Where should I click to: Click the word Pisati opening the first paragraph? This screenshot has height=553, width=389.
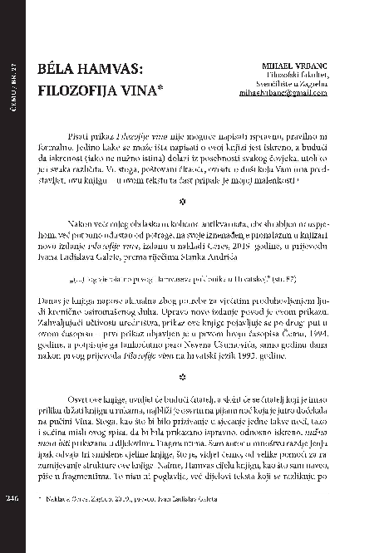(x=76, y=135)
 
